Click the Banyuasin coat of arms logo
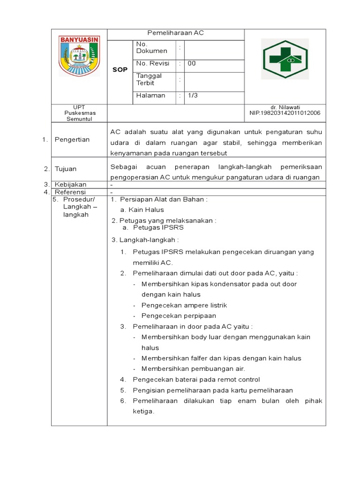tap(79, 56)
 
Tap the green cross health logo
tap(285, 59)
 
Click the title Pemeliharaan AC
tap(176, 33)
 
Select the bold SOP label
tap(120, 70)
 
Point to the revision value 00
tap(192, 63)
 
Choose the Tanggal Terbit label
tap(149, 79)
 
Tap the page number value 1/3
tap(193, 96)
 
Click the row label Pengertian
tap(72, 140)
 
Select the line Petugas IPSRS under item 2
tap(158, 228)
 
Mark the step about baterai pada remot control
tap(196, 380)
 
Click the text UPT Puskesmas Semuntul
tap(79, 113)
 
